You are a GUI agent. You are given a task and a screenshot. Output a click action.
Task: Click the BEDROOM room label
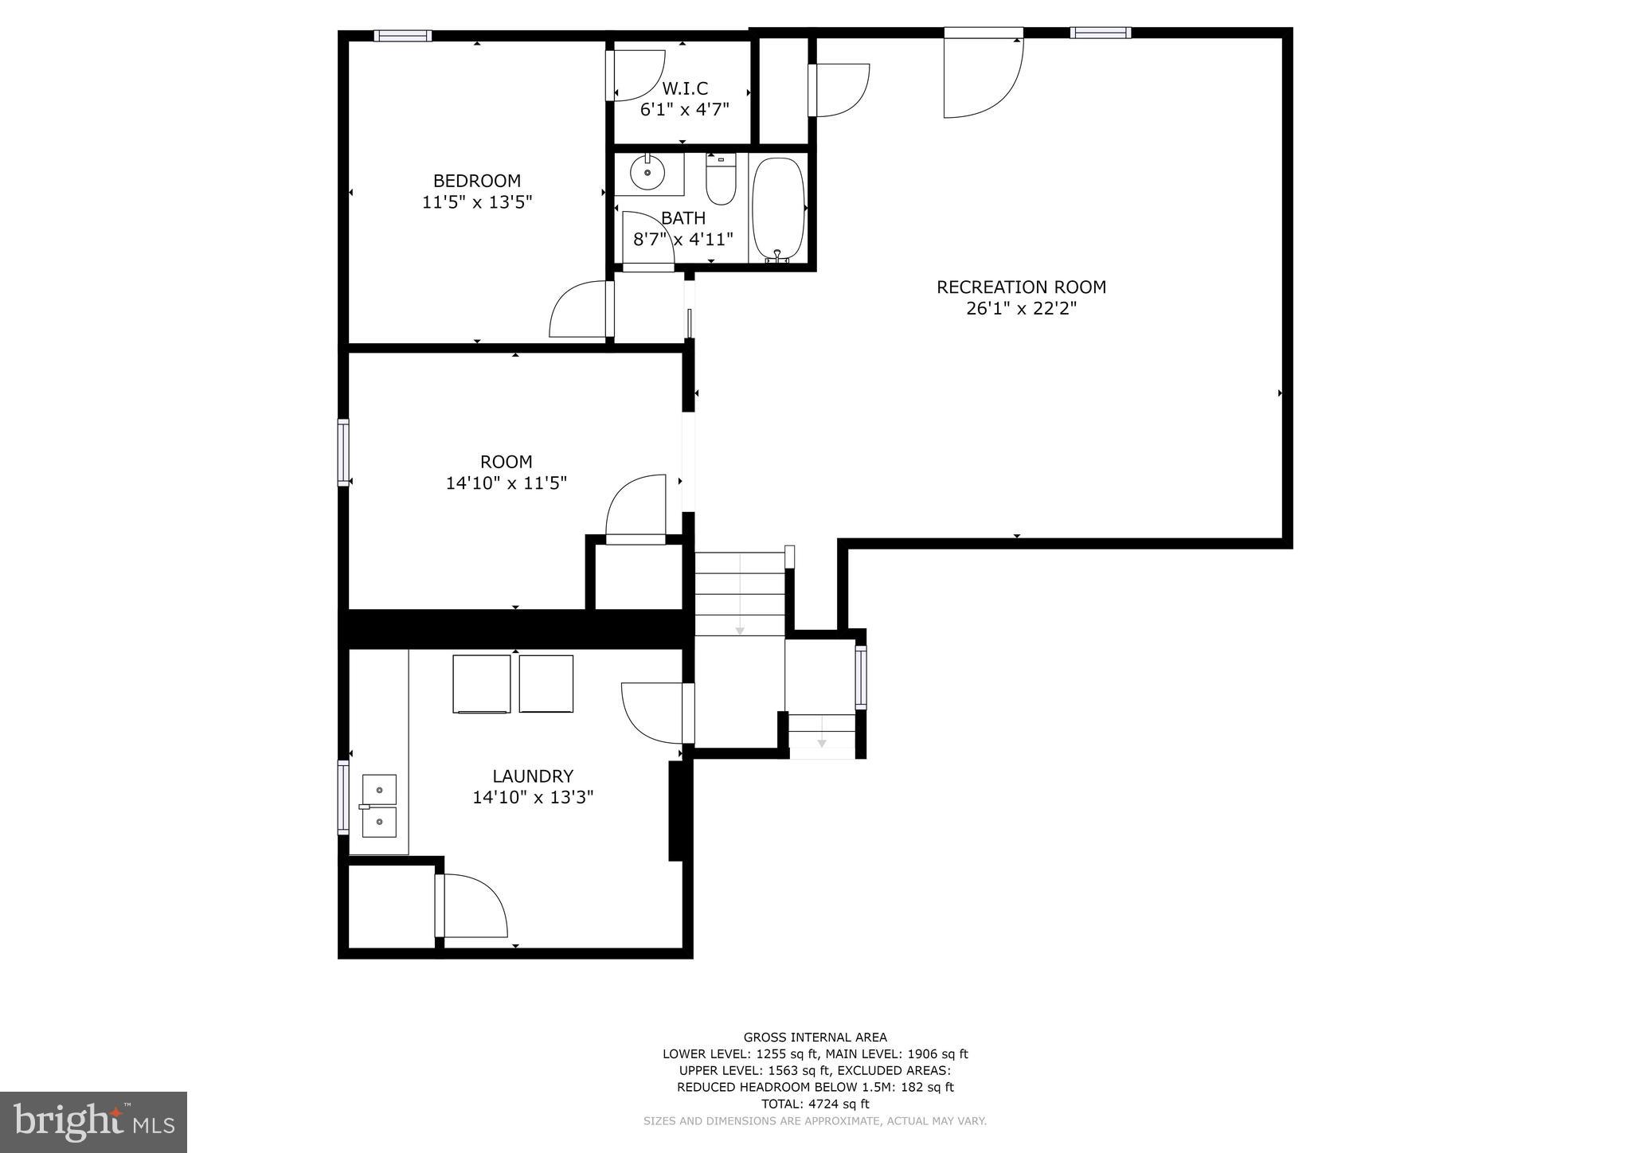pos(476,181)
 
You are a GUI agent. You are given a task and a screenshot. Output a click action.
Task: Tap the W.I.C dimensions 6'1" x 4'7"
pos(684,110)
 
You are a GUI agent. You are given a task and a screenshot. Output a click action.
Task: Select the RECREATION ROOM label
pos(1021,287)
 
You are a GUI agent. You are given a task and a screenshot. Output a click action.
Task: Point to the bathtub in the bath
pos(778,209)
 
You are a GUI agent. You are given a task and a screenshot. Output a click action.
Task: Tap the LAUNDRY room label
pos(532,776)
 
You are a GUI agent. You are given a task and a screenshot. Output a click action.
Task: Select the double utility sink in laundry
pos(379,806)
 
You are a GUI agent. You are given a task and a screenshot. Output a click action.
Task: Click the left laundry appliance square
pos(481,683)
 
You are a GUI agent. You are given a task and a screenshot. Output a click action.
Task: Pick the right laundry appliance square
pos(546,683)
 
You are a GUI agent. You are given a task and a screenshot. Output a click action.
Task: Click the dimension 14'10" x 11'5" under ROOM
pos(506,483)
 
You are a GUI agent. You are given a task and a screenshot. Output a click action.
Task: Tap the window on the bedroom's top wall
pos(403,35)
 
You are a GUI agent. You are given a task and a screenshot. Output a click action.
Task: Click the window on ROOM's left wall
pos(343,452)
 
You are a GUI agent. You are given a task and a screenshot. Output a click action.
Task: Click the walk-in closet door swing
pos(636,76)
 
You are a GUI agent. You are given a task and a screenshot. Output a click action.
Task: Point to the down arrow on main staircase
pos(740,630)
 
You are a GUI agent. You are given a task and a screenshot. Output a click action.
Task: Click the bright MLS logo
pos(93,1122)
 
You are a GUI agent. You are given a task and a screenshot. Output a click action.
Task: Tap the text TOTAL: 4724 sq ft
pos(815,1104)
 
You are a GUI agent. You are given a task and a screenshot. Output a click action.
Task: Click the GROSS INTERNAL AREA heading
pos(815,1037)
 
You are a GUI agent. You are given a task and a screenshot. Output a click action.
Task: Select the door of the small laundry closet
pos(471,906)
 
